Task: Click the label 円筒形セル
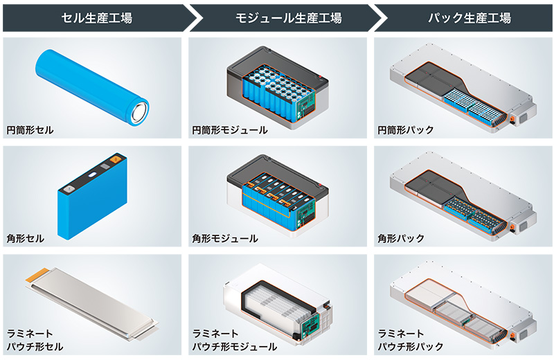(x=30, y=129)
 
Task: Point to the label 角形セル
(x=26, y=238)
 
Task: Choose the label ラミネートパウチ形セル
(x=35, y=339)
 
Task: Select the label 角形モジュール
(x=225, y=238)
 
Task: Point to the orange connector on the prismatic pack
(x=513, y=226)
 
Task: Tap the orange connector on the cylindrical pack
(x=513, y=118)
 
